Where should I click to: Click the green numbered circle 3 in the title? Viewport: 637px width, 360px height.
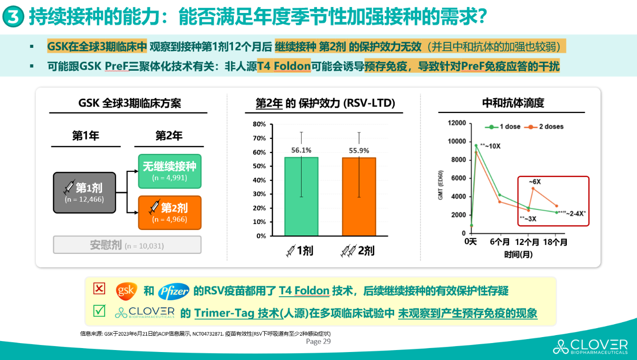click(13, 18)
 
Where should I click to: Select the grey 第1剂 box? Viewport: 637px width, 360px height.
click(84, 192)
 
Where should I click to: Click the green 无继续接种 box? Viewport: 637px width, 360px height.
click(170, 171)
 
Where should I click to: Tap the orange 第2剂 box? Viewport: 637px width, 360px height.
click(170, 213)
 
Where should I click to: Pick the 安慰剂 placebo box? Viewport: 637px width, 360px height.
click(127, 245)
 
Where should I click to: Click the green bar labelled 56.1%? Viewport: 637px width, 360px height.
click(301, 196)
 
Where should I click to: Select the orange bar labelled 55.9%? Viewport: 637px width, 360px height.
click(359, 196)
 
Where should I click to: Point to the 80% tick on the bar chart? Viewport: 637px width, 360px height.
click(259, 124)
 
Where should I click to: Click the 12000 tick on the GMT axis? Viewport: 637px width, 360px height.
click(457, 123)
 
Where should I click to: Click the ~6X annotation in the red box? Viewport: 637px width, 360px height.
click(534, 182)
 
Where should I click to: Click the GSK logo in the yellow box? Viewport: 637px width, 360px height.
click(126, 291)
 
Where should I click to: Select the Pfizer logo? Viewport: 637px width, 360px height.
click(174, 291)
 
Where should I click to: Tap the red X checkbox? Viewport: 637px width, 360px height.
click(100, 288)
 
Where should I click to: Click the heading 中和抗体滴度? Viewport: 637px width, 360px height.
click(513, 103)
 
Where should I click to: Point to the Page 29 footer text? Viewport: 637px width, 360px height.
click(318, 342)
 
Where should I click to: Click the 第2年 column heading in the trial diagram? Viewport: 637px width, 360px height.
click(169, 135)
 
